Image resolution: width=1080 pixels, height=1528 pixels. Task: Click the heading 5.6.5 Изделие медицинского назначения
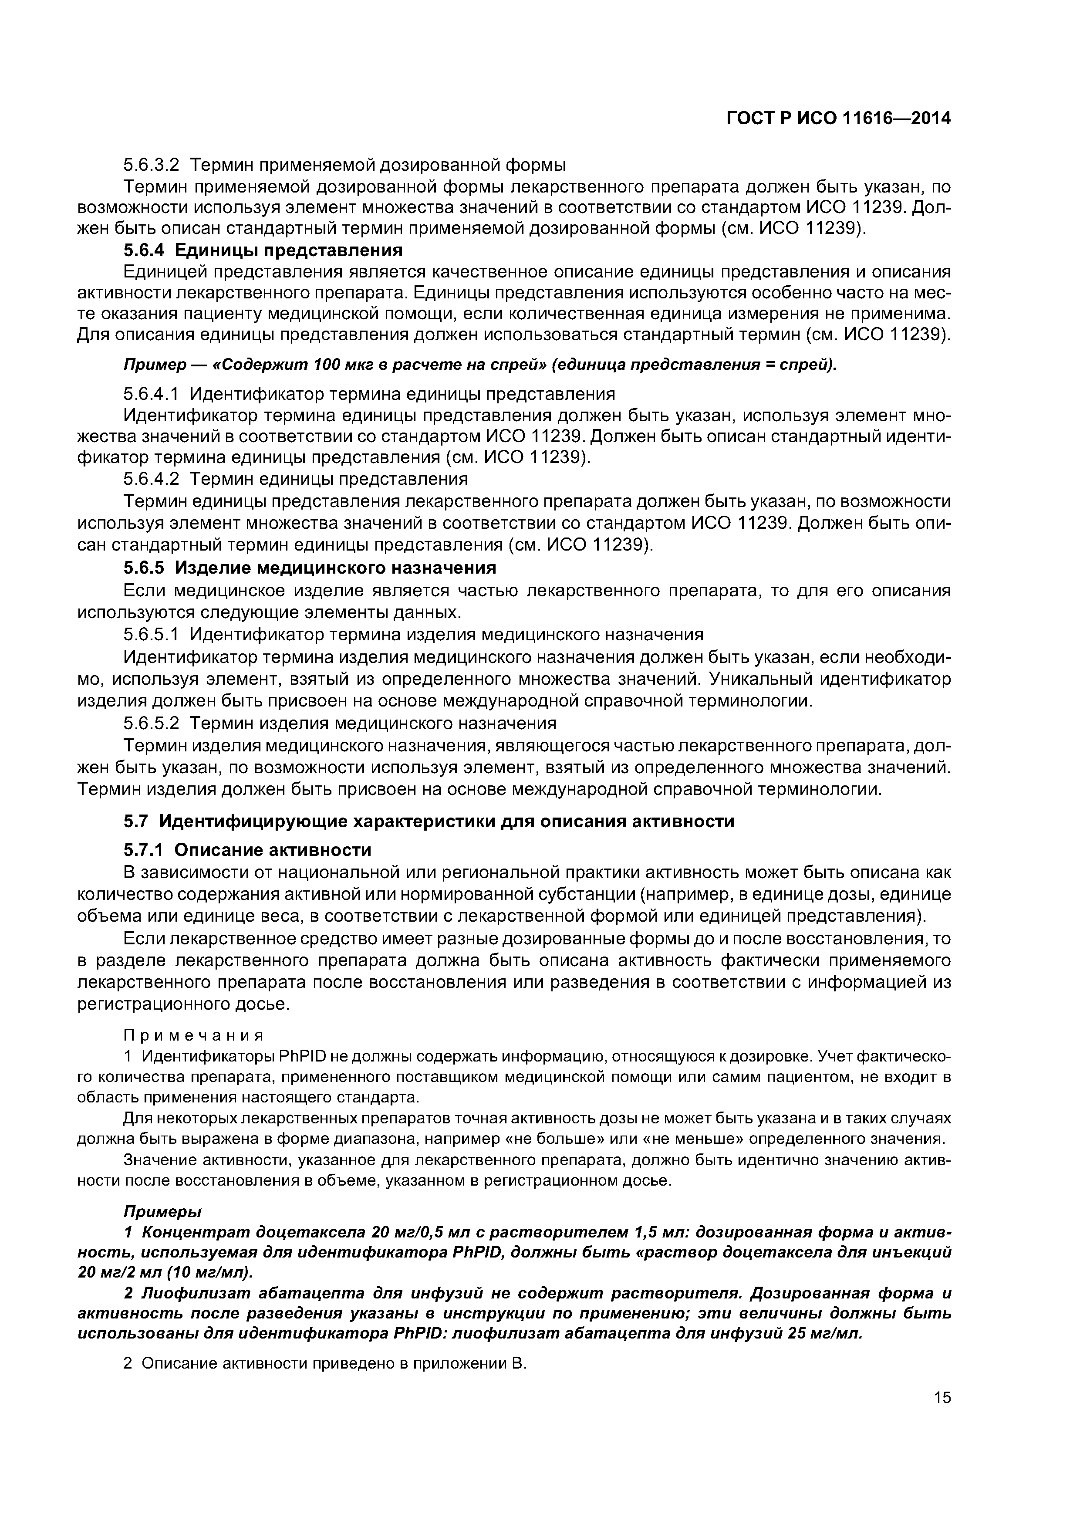click(310, 568)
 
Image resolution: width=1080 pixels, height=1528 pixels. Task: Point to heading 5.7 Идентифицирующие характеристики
click(429, 821)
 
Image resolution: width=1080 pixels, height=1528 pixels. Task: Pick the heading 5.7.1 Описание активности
click(247, 850)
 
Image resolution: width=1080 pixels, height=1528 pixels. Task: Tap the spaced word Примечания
click(194, 1035)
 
